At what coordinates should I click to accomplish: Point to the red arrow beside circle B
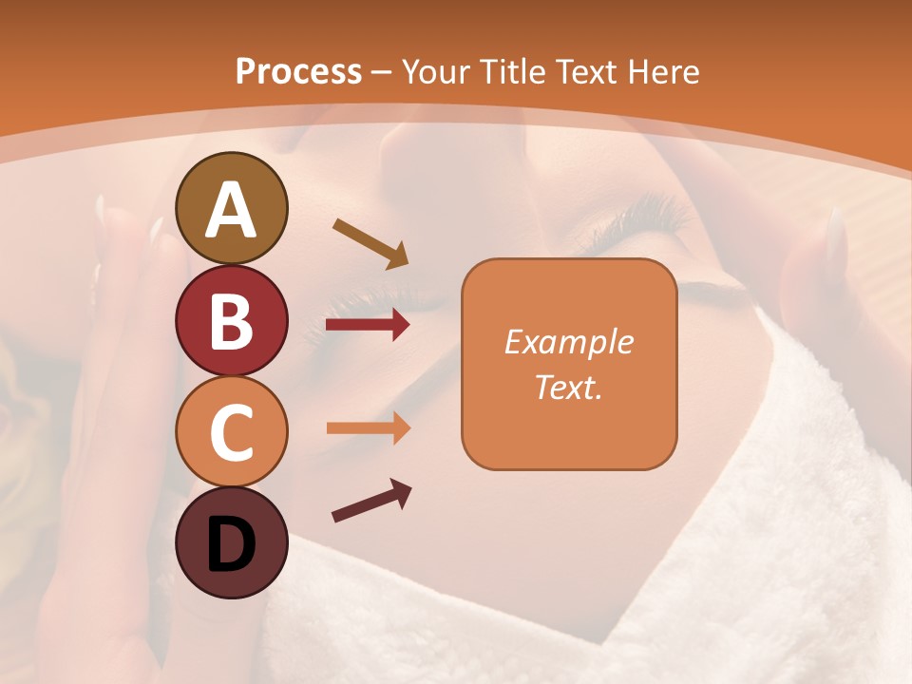(368, 326)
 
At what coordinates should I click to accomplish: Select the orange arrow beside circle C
(368, 428)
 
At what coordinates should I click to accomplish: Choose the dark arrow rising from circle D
(370, 501)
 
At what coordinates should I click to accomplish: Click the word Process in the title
(298, 71)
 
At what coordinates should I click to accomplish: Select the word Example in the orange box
(568, 342)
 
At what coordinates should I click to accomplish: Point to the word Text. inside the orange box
(568, 387)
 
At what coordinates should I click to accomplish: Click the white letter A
(232, 210)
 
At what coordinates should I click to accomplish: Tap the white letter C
(232, 433)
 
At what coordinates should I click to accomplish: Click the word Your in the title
(437, 71)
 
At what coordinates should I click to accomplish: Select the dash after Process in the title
(382, 73)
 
